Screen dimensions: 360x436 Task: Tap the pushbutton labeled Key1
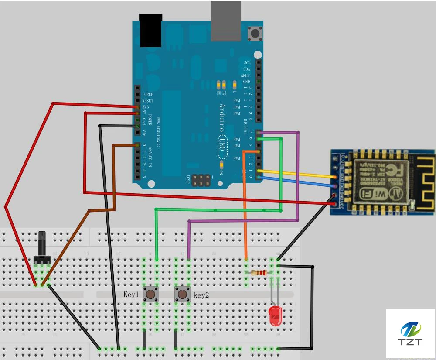pos(150,294)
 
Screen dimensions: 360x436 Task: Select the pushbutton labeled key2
pos(182,294)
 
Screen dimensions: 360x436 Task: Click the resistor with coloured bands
pos(259,273)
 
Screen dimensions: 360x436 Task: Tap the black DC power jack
pos(150,30)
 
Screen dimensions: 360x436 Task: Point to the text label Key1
pos(131,295)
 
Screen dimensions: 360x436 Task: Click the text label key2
pos(201,295)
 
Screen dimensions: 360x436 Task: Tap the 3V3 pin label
pos(145,106)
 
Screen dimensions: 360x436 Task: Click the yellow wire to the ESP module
pos(296,173)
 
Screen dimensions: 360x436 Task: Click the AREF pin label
pos(245,75)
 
